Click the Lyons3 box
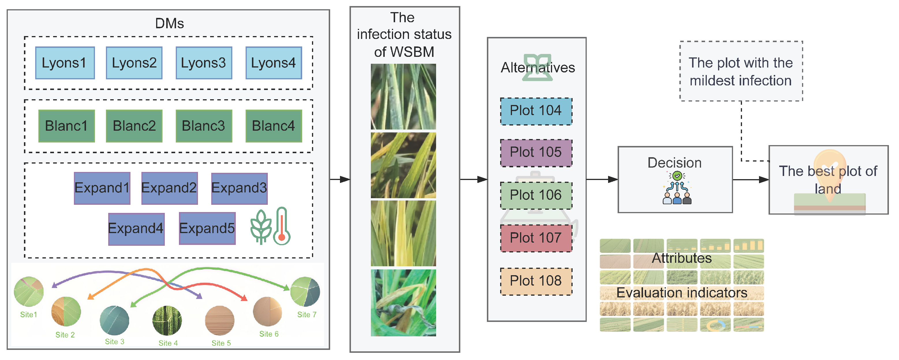coord(204,63)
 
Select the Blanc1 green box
coord(66,126)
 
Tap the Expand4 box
coord(136,229)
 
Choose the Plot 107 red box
coord(536,238)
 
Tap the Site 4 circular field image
coord(167,320)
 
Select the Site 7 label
coord(306,315)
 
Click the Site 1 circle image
coord(29,292)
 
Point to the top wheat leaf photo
coord(403,97)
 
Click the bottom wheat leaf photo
coord(403,302)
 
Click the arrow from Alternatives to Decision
coord(602,179)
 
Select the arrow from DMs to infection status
coord(340,179)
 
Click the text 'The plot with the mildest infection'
coord(741,72)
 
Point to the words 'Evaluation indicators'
coord(682,293)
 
